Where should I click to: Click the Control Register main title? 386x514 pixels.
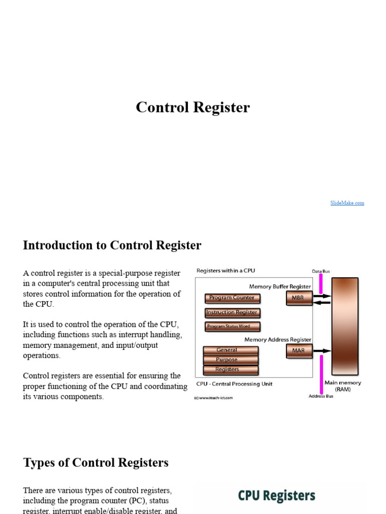click(x=192, y=107)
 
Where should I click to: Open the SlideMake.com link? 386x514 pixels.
click(x=347, y=203)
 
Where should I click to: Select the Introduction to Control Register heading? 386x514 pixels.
click(x=112, y=245)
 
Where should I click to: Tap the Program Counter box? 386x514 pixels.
click(x=232, y=298)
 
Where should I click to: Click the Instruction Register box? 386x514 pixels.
click(x=232, y=312)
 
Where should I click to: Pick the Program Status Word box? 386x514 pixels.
click(x=232, y=326)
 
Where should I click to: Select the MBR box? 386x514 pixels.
click(x=298, y=298)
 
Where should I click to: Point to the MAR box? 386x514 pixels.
click(x=298, y=350)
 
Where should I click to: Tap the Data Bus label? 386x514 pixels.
click(x=321, y=272)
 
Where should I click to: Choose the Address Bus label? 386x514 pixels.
click(x=321, y=397)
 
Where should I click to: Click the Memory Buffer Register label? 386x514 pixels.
click(x=280, y=287)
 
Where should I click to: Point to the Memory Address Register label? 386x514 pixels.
click(x=278, y=340)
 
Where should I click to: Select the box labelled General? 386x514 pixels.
click(x=230, y=350)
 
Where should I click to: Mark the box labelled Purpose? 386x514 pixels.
click(x=230, y=359)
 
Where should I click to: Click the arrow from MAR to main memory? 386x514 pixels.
click(x=323, y=350)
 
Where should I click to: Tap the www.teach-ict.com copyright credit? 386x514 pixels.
click(x=214, y=398)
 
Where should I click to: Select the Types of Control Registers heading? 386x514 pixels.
click(x=96, y=463)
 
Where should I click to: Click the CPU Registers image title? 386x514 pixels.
click(x=276, y=496)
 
